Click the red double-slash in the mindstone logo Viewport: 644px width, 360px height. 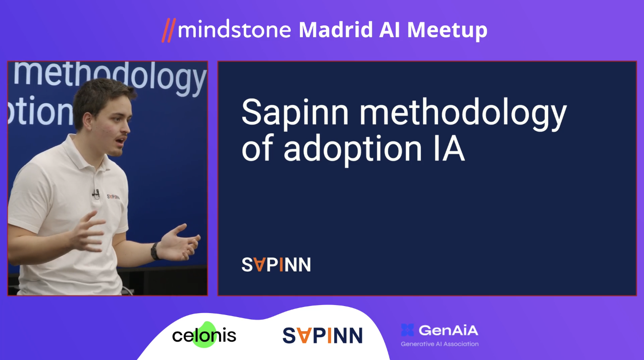[x=169, y=30]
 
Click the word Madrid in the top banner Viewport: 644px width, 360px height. [x=336, y=30]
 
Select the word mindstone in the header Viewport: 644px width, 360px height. [x=234, y=30]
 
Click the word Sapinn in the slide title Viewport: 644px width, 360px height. [x=295, y=113]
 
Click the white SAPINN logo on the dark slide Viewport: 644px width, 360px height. [x=276, y=265]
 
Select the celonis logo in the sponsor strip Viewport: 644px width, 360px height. [x=204, y=335]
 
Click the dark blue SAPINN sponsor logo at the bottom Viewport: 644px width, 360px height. [x=323, y=335]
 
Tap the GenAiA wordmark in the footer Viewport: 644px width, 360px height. [x=448, y=330]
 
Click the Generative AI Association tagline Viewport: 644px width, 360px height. [x=440, y=344]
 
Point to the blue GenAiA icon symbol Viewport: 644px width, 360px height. [x=407, y=330]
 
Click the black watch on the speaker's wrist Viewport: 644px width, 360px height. [x=155, y=251]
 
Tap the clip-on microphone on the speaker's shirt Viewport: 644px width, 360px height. [x=96, y=194]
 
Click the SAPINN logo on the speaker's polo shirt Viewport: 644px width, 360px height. [x=113, y=197]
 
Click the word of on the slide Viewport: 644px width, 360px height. [x=257, y=148]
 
